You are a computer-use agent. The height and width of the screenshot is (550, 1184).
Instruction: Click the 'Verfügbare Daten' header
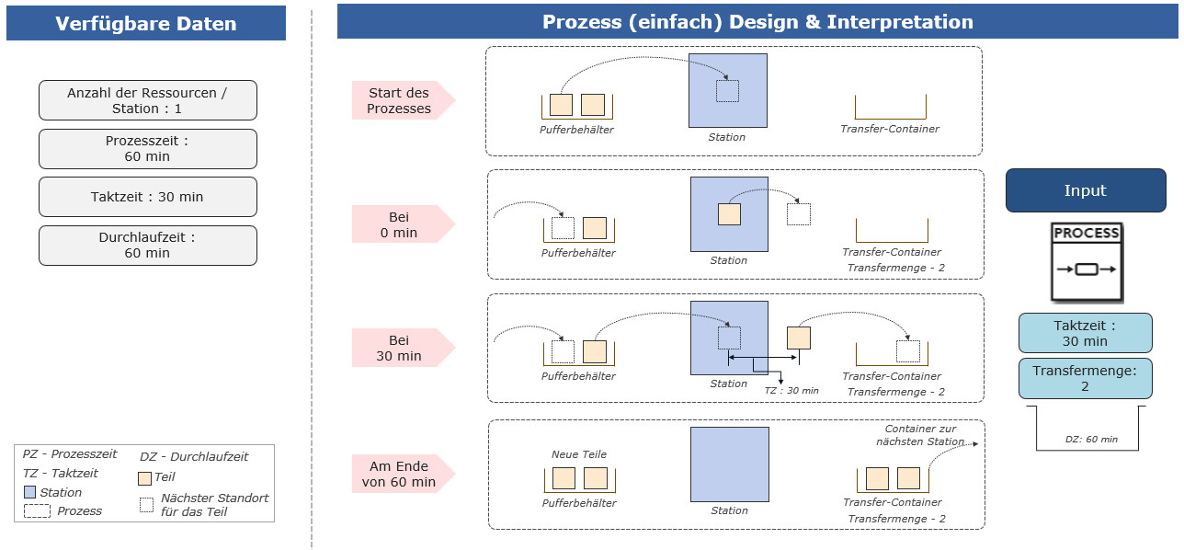146,23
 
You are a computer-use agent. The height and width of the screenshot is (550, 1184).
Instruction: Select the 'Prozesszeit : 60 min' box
148,149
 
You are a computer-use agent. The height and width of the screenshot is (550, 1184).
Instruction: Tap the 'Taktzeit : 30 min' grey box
148,197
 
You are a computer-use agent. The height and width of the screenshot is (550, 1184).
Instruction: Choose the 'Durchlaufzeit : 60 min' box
148,246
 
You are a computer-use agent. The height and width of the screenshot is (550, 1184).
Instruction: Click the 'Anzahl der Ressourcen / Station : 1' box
148,100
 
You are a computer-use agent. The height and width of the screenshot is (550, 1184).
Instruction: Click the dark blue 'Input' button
1086,190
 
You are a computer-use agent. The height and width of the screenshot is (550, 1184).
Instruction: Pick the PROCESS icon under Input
1087,262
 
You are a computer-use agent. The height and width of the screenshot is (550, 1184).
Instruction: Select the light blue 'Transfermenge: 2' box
1086,379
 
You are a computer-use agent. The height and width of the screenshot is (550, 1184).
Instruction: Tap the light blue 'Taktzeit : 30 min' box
1086,333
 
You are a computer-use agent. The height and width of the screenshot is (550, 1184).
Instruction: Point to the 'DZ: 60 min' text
1091,440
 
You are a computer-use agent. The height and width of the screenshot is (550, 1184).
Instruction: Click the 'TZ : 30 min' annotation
791,391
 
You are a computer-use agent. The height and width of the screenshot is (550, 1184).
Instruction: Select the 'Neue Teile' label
579,454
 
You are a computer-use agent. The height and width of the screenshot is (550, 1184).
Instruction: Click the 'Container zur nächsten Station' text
921,435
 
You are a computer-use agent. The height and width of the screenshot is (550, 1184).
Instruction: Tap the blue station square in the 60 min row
730,464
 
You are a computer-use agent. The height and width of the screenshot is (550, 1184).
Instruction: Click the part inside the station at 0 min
730,214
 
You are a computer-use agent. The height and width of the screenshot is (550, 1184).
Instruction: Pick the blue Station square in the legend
30,492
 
